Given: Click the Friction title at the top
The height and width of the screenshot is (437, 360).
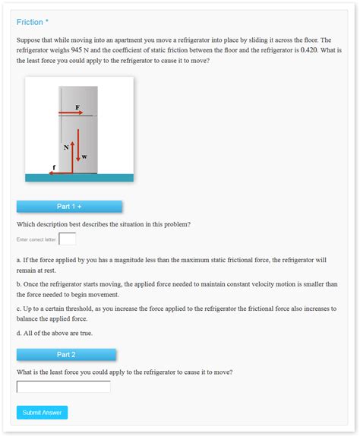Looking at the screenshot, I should (x=30, y=22).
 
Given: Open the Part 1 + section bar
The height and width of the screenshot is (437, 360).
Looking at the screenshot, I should (x=69, y=206).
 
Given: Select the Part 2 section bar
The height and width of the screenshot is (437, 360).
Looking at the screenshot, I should (x=66, y=354).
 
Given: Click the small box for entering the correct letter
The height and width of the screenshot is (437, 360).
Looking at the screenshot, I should (x=68, y=239).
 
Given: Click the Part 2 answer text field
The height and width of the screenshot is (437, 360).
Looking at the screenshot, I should (x=64, y=387).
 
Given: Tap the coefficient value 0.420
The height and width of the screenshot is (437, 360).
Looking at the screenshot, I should (x=308, y=50).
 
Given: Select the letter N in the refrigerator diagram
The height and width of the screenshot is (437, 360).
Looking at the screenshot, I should (x=67, y=147).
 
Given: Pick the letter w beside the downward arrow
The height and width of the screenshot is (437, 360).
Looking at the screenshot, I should (x=84, y=157).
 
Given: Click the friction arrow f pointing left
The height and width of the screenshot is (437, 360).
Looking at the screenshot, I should (x=59, y=172).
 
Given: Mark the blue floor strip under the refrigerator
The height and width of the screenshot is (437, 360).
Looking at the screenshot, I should (x=79, y=178).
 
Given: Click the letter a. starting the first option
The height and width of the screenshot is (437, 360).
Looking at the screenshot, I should (x=19, y=260).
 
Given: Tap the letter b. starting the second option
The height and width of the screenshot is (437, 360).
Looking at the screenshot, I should (x=19, y=284).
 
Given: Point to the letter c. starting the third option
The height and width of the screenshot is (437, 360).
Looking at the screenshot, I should (x=19, y=309).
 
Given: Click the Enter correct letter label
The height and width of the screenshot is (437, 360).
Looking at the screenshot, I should (x=36, y=240).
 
